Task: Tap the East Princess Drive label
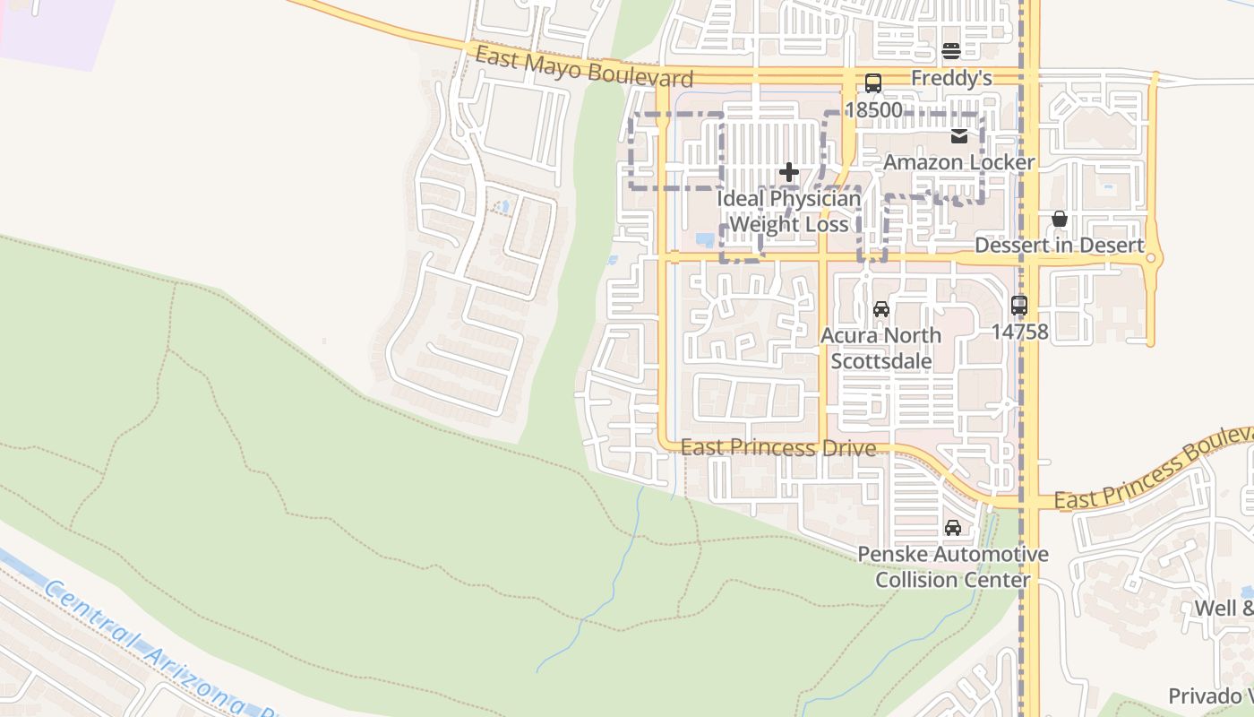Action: pyautogui.click(x=777, y=447)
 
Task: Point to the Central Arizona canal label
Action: pyautogui.click(x=143, y=645)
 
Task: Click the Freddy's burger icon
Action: pyautogui.click(x=951, y=51)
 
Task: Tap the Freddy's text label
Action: pyautogui.click(x=951, y=79)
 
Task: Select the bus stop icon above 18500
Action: pyautogui.click(x=873, y=83)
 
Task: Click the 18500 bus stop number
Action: pyautogui.click(x=873, y=110)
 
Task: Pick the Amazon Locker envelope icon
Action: pyautogui.click(x=959, y=136)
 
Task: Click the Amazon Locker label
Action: pyautogui.click(x=959, y=162)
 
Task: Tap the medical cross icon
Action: pyautogui.click(x=789, y=172)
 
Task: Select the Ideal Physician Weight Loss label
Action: pyautogui.click(x=789, y=212)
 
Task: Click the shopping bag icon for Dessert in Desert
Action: pyautogui.click(x=1060, y=219)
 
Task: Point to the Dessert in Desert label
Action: pyautogui.click(x=1060, y=246)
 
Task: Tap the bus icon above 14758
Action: pyautogui.click(x=1019, y=305)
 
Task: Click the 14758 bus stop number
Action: pyautogui.click(x=1019, y=332)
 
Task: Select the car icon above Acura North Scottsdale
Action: pyautogui.click(x=881, y=309)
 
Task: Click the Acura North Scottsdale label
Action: pyautogui.click(x=881, y=349)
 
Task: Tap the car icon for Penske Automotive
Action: pyautogui.click(x=953, y=528)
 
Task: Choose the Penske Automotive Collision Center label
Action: pyautogui.click(x=953, y=567)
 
